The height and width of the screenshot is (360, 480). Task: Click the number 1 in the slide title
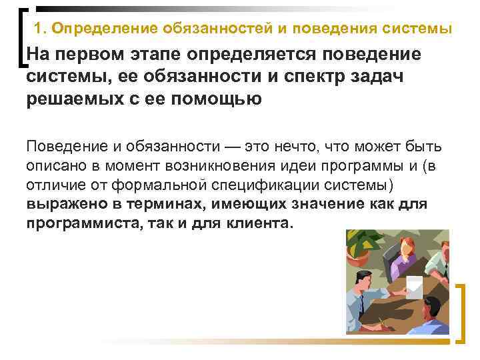tap(37, 29)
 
